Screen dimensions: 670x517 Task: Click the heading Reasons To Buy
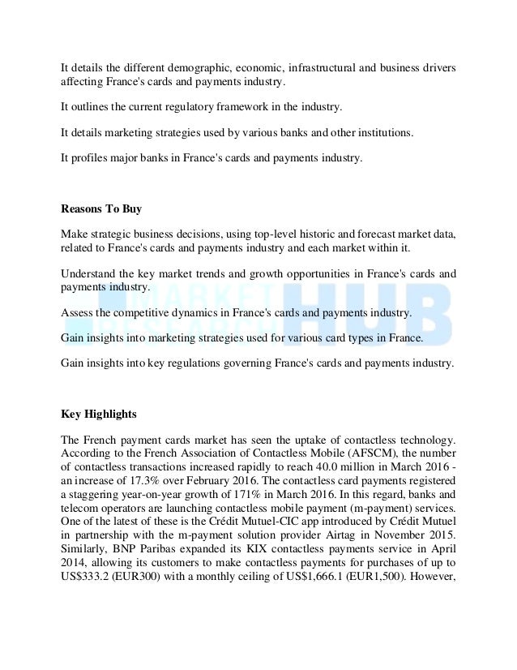pos(101,209)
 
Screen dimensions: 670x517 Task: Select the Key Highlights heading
pos(99,414)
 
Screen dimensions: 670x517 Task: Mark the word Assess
pos(77,312)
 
